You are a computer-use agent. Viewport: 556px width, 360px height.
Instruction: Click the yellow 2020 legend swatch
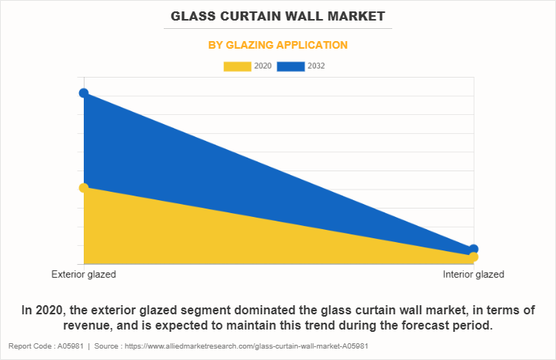pyautogui.click(x=237, y=66)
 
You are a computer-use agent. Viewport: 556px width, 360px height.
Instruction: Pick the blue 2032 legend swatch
pyautogui.click(x=291, y=66)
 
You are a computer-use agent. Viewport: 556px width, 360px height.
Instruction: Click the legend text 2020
pyautogui.click(x=263, y=66)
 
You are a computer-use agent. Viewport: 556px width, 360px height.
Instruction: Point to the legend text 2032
pyautogui.click(x=316, y=66)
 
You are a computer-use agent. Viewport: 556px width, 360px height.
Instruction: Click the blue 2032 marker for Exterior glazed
pyautogui.click(x=84, y=93)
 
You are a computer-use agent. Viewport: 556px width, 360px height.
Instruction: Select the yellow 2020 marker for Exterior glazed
pyautogui.click(x=84, y=188)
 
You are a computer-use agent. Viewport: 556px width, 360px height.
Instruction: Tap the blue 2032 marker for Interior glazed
pyautogui.click(x=474, y=249)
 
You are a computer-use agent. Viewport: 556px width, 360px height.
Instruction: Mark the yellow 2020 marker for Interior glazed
pyautogui.click(x=474, y=257)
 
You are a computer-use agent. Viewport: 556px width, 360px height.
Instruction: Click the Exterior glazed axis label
pyautogui.click(x=84, y=274)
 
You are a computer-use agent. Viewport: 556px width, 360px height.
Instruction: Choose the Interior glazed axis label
pyautogui.click(x=473, y=274)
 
